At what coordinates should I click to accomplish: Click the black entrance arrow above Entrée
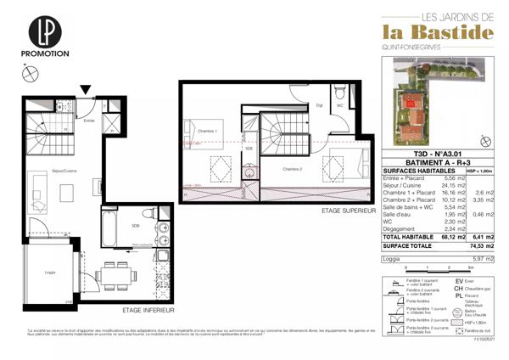[85, 88]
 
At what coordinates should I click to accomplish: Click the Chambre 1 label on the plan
[208, 132]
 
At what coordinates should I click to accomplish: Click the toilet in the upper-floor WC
[338, 93]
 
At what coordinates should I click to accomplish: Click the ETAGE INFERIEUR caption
[143, 311]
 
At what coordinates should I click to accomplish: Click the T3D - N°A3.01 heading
[414, 154]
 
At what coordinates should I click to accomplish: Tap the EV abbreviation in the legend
[459, 279]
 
